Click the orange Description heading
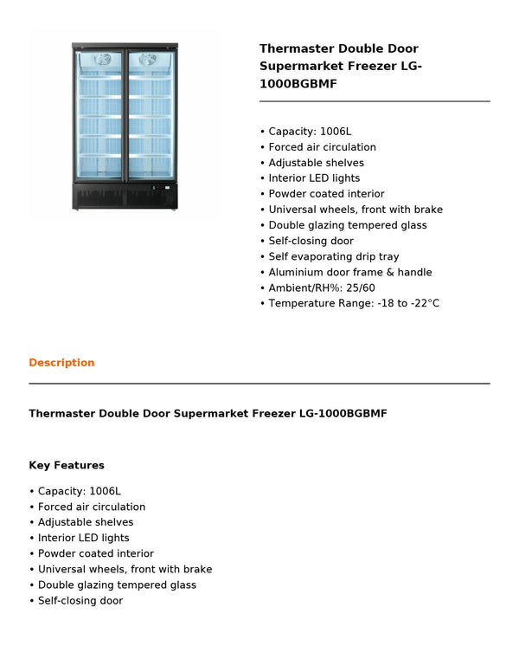pyautogui.click(x=61, y=363)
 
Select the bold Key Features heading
pyautogui.click(x=67, y=465)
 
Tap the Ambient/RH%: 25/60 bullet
pyautogui.click(x=321, y=288)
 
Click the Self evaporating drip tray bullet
pyautogui.click(x=333, y=256)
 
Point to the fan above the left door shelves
pyautogui.click(x=103, y=60)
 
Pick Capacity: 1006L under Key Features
pyautogui.click(x=79, y=491)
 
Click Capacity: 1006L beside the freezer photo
pyautogui.click(x=310, y=132)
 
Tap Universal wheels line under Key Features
pyautogui.click(x=125, y=569)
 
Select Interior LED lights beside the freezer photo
pyautogui.click(x=314, y=178)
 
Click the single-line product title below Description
pyautogui.click(x=208, y=414)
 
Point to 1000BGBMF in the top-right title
pyautogui.click(x=298, y=84)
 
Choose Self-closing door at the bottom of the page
pyautogui.click(x=80, y=600)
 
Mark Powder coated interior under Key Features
pyautogui.click(x=95, y=553)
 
